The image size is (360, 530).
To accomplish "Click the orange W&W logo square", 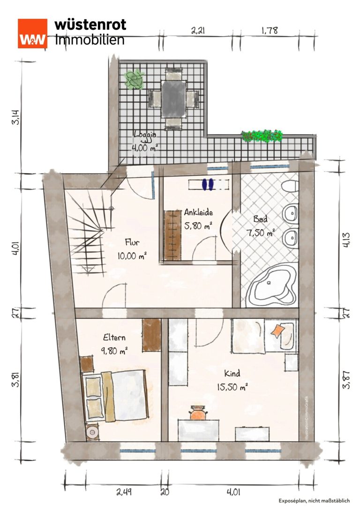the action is click(32, 33).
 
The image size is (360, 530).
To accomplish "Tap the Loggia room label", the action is click(145, 135).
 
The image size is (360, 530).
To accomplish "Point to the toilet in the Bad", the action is click(290, 186).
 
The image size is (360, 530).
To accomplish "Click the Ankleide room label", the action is click(198, 212).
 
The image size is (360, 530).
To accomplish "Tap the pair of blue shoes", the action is click(207, 184).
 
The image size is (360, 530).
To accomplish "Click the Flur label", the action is click(132, 242).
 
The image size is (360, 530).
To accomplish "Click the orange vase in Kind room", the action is click(198, 413).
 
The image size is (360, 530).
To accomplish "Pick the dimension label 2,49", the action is click(124, 492).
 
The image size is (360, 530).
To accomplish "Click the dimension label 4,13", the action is click(346, 240).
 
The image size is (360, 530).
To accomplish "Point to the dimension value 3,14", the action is click(16, 117).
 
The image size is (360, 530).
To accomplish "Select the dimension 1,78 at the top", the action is click(270, 30).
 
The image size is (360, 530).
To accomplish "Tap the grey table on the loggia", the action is click(173, 98).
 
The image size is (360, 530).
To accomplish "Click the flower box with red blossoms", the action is click(262, 136).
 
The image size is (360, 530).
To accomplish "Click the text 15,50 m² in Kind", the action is click(232, 386).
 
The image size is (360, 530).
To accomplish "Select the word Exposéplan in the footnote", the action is click(292, 500).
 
